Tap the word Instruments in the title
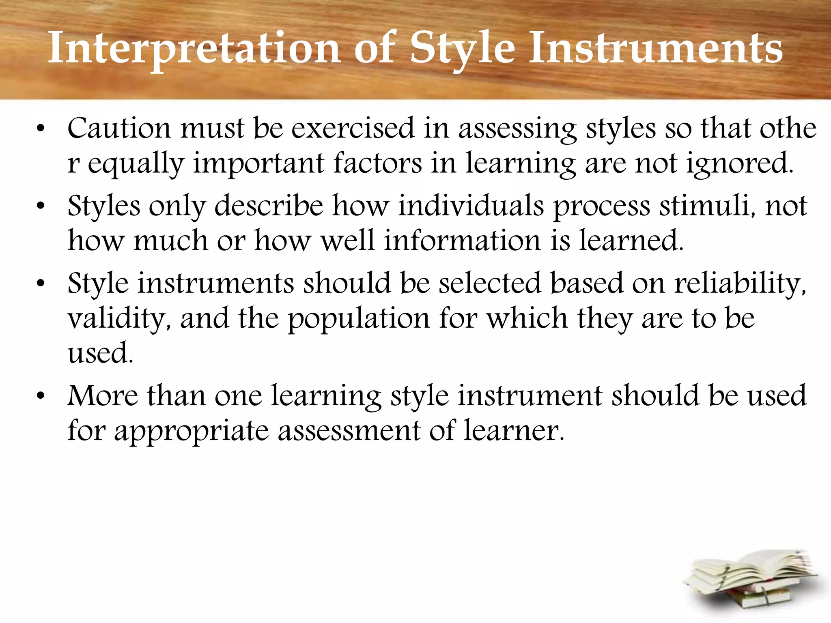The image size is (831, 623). point(655,49)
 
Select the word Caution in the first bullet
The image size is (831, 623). point(118,128)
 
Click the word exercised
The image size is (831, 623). point(353,128)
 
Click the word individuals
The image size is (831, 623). point(471,206)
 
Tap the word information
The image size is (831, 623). point(463,241)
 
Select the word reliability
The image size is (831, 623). point(740,283)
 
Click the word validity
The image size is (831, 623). point(119,319)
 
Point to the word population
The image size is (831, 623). point(359,319)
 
